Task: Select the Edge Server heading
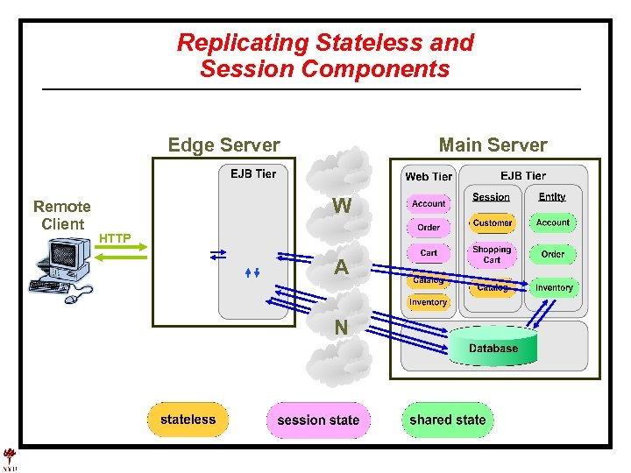coord(223,145)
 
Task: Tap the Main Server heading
coord(493,145)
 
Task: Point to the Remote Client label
coord(61,215)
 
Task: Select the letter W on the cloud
coord(343,207)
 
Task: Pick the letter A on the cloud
coord(342,268)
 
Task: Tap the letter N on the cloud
coord(341,328)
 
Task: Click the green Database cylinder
coord(493,346)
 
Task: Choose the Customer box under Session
coord(492,223)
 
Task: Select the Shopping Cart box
coord(492,254)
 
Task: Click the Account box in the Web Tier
coord(429,203)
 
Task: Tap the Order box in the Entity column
coord(553,254)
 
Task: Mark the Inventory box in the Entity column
coord(554,287)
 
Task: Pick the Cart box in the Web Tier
coord(429,252)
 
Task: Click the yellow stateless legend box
coord(188,420)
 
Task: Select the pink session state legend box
coord(317,420)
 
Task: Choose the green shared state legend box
coord(447,420)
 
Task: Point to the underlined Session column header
coord(491,197)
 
